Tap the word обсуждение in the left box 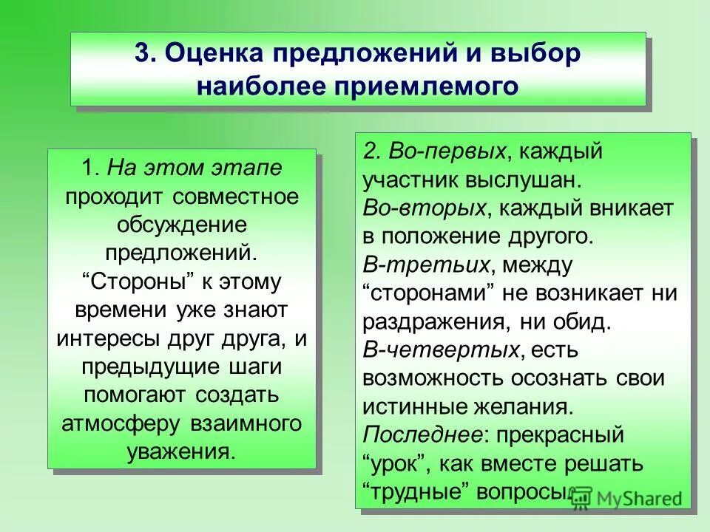coord(181,225)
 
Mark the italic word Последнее coord(423,434)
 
